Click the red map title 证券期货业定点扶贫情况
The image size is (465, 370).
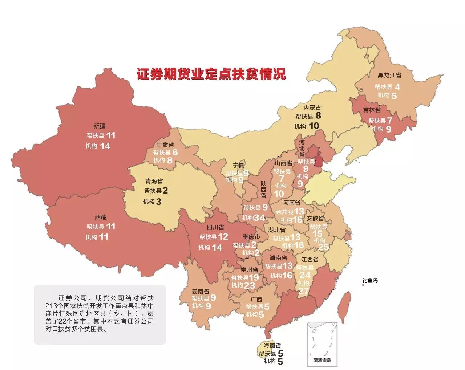coord(211,74)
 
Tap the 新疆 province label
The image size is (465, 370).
coord(99,126)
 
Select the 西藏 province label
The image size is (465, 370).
coord(101,217)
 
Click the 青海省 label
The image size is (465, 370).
coord(154,181)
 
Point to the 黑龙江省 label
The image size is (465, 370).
coord(389,76)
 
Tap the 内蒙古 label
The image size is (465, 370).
coord(312,107)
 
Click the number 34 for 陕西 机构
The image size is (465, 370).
coord(259,218)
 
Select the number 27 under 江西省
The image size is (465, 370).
coord(303,291)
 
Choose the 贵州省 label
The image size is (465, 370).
coord(249,270)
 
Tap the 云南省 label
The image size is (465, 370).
coord(201,291)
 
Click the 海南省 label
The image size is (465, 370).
coord(272,346)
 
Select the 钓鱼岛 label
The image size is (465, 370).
coord(370,281)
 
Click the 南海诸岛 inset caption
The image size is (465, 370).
coord(322,361)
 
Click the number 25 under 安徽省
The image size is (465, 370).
coord(323,247)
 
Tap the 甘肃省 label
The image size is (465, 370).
coord(165,145)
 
